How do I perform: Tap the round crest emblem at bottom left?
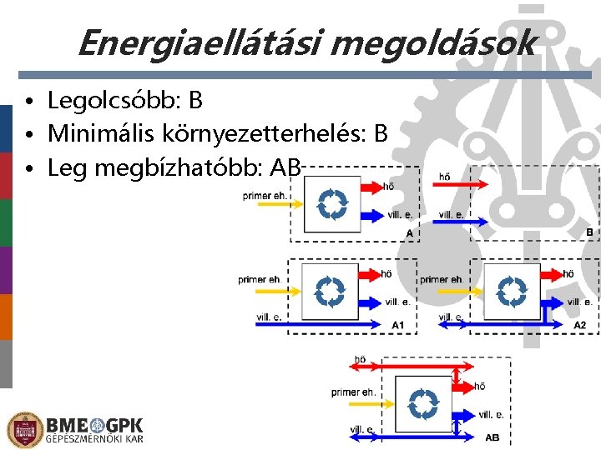(24, 429)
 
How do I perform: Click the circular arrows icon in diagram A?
(332, 203)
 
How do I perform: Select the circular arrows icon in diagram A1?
(330, 292)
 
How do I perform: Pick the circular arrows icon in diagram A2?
(512, 292)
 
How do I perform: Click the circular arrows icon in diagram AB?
(424, 403)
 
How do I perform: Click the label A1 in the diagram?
(398, 324)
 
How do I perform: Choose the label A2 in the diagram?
(579, 324)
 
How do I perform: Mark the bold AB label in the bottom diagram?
(492, 437)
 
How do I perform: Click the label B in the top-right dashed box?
(588, 232)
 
